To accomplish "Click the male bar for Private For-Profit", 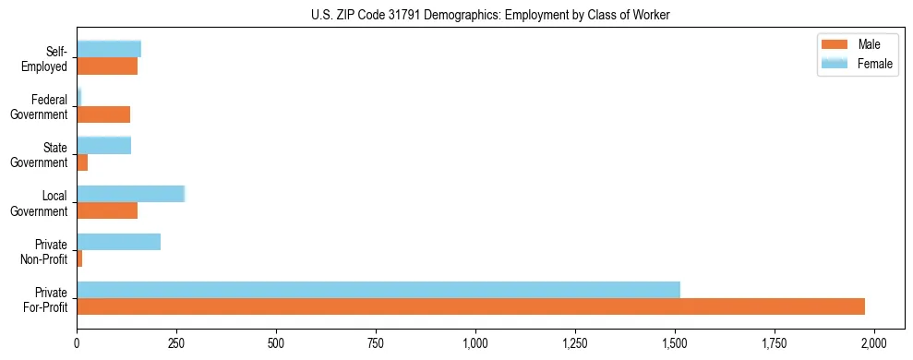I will pos(471,306).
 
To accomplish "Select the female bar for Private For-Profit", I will pos(378,290).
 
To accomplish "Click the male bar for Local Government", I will pos(107,210).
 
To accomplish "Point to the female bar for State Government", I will pos(104,145).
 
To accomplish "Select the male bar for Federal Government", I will pos(103,114).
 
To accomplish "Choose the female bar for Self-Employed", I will pos(109,49).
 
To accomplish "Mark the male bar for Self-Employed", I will pos(107,66).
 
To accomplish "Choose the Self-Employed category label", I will pos(50,58).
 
